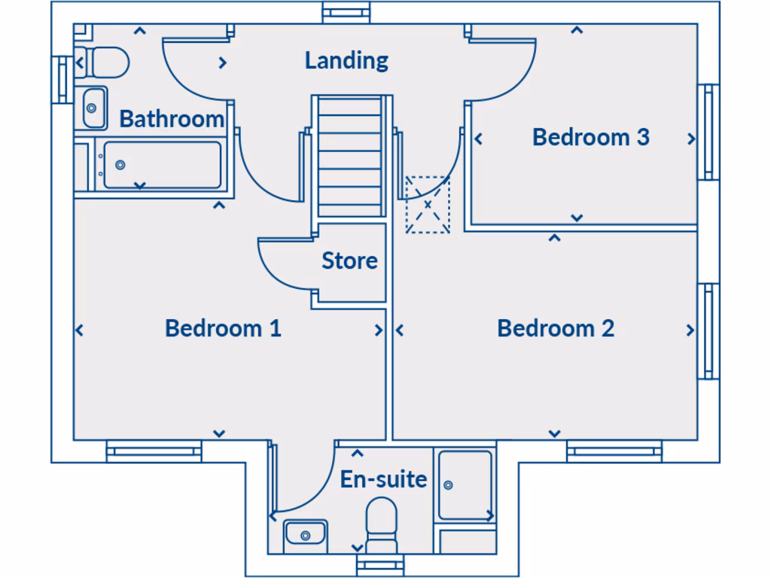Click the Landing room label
pos(346,60)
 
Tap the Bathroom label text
pos(172,119)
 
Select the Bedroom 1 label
pos(223,328)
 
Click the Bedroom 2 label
pos(556,328)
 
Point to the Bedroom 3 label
pos(590,137)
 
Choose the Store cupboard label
pos(349,261)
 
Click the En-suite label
pos(383,479)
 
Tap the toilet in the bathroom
pos(104,62)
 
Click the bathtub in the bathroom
pos(162,165)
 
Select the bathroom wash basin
pos(93,108)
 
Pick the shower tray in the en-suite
pos(465,485)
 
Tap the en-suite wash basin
pos(306,535)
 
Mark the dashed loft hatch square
pos(428,205)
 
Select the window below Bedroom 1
pos(154,452)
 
